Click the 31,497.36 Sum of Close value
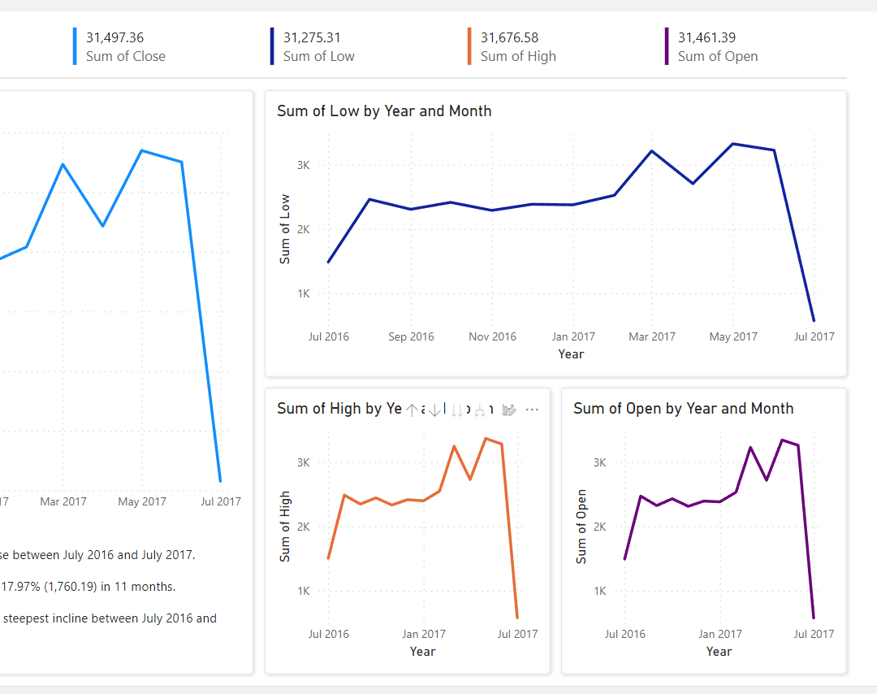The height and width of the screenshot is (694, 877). [x=114, y=37]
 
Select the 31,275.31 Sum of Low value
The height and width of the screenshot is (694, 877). [x=312, y=37]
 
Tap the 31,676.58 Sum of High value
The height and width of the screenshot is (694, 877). [x=509, y=37]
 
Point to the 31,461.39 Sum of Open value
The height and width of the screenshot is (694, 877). [x=706, y=37]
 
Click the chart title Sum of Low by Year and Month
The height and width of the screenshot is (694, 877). [x=384, y=111]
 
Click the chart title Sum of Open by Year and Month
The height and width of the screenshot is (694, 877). [x=683, y=409]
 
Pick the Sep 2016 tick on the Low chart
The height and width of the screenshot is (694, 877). [x=411, y=336]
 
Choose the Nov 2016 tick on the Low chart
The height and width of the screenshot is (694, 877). [x=492, y=336]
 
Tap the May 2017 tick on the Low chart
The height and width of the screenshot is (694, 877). [x=733, y=336]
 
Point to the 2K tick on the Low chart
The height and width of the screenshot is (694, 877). [x=304, y=229]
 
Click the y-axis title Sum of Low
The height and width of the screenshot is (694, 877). [x=285, y=229]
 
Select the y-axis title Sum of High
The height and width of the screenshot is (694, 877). [x=285, y=527]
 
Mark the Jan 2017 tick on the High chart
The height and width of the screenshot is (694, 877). [x=423, y=634]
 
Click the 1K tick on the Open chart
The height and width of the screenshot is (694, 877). [x=600, y=591]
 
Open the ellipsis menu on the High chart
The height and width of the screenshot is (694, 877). [x=532, y=410]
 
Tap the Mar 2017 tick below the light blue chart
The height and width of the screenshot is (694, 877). [x=63, y=501]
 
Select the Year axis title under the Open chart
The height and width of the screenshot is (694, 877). [x=719, y=652]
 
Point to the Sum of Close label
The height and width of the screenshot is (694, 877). [x=126, y=57]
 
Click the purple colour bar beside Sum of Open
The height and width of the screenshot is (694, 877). [x=667, y=46]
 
